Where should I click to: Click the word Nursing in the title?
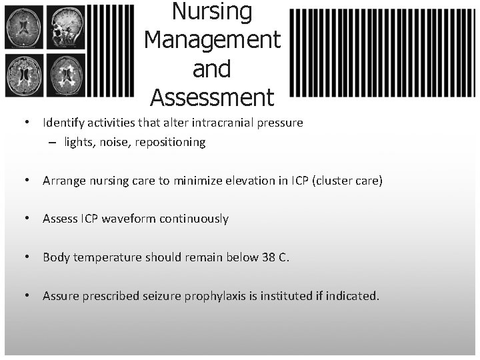[212, 11]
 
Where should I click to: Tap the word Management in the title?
[212, 40]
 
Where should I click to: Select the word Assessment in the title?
[212, 98]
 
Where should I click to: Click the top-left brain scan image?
[24, 27]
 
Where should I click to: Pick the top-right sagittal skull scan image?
[67, 27]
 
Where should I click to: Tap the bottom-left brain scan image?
[24, 75]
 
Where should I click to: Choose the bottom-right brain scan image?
[67, 75]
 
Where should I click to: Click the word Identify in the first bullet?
[61, 123]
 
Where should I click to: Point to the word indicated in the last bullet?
[352, 295]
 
